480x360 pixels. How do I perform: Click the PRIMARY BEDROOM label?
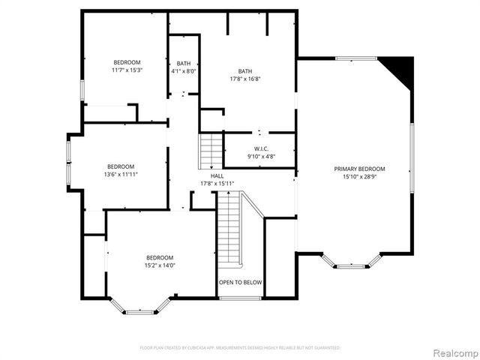click(x=359, y=169)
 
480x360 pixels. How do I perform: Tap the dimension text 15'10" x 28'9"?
click(x=359, y=177)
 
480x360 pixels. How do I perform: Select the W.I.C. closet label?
click(x=261, y=148)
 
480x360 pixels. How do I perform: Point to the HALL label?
click(x=217, y=175)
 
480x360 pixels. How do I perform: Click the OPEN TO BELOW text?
click(x=240, y=283)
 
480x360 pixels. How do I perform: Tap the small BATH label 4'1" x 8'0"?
click(x=183, y=63)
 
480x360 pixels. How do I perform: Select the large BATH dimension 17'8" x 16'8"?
click(x=245, y=79)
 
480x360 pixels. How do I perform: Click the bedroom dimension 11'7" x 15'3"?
click(x=127, y=70)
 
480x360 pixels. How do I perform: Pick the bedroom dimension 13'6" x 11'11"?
click(x=120, y=174)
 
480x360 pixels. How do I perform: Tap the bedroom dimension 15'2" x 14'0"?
click(x=159, y=265)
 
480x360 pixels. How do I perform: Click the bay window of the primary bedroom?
click(x=350, y=262)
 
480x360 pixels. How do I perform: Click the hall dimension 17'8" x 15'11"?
click(x=217, y=183)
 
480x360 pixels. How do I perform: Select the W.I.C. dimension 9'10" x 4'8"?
click(x=261, y=156)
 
